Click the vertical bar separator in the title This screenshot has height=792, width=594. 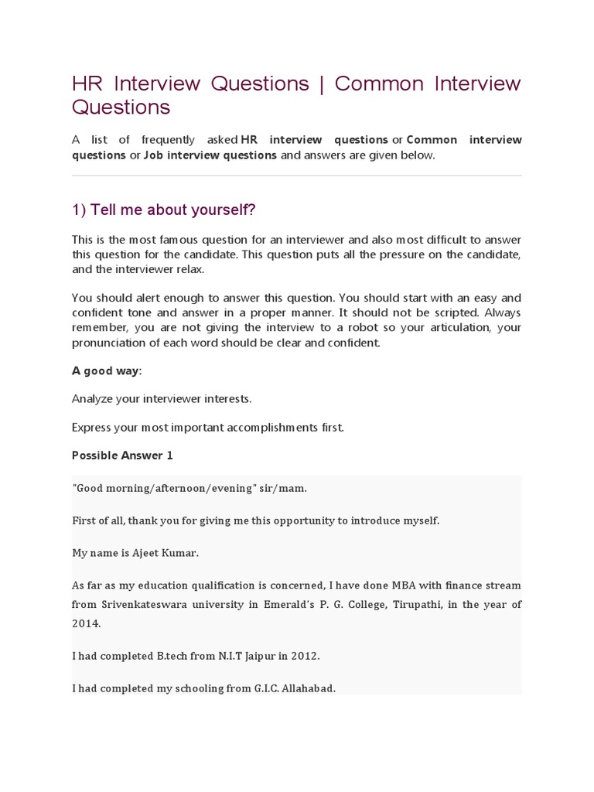(x=321, y=84)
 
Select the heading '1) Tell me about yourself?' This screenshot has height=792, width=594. (x=163, y=210)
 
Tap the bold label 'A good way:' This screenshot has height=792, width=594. (x=107, y=370)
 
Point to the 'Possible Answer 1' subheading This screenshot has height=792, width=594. (x=122, y=456)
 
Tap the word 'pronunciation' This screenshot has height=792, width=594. (x=107, y=343)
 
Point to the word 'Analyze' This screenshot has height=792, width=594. (x=92, y=399)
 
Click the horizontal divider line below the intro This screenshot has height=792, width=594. (x=297, y=176)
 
